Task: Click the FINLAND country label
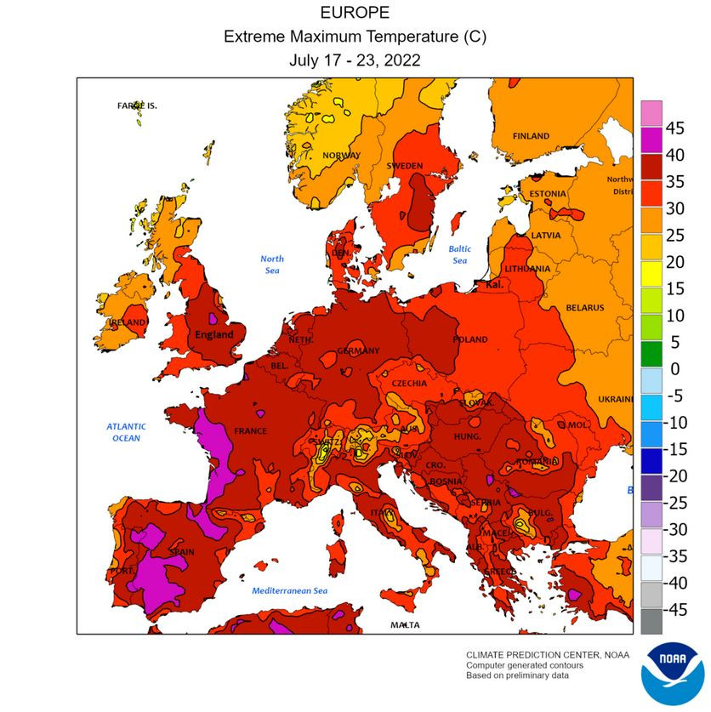[x=531, y=136]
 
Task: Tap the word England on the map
[x=213, y=334]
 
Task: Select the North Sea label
[x=272, y=264]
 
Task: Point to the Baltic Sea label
[x=460, y=254]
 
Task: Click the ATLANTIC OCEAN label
[x=127, y=432]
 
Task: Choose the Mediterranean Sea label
[x=289, y=590]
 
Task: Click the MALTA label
[x=405, y=625]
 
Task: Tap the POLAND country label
[x=469, y=339]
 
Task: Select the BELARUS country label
[x=584, y=307]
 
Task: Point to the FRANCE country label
[x=250, y=431]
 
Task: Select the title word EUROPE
[x=355, y=13]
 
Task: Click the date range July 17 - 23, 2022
[x=355, y=60]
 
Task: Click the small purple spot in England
[x=213, y=319]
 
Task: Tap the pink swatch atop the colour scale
[x=651, y=111]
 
